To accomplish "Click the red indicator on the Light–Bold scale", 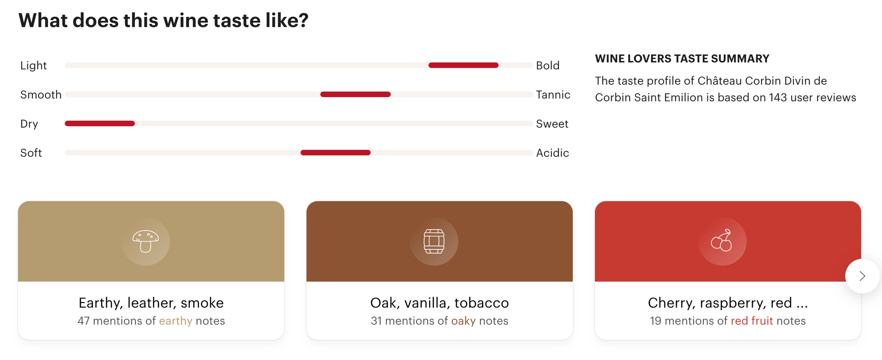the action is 463,65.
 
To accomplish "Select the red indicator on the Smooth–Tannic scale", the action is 355,94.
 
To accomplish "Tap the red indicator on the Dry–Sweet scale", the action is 100,124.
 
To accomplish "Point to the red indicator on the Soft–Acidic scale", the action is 335,152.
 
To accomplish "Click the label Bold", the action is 548,65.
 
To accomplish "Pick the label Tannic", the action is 553,95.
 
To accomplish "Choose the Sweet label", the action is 552,124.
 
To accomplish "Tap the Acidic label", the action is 553,153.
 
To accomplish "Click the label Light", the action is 34,65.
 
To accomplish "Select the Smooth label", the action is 41,95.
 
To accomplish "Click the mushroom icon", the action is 146,241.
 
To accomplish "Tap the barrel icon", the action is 434,241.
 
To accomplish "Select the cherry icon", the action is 722,240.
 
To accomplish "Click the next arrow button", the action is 862,276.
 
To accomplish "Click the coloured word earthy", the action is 176,321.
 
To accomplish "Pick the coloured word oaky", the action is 463,321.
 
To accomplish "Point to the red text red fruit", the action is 752,321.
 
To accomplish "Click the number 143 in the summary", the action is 778,97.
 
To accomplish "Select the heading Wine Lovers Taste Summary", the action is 682,59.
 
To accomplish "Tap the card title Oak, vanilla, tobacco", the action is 440,303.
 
